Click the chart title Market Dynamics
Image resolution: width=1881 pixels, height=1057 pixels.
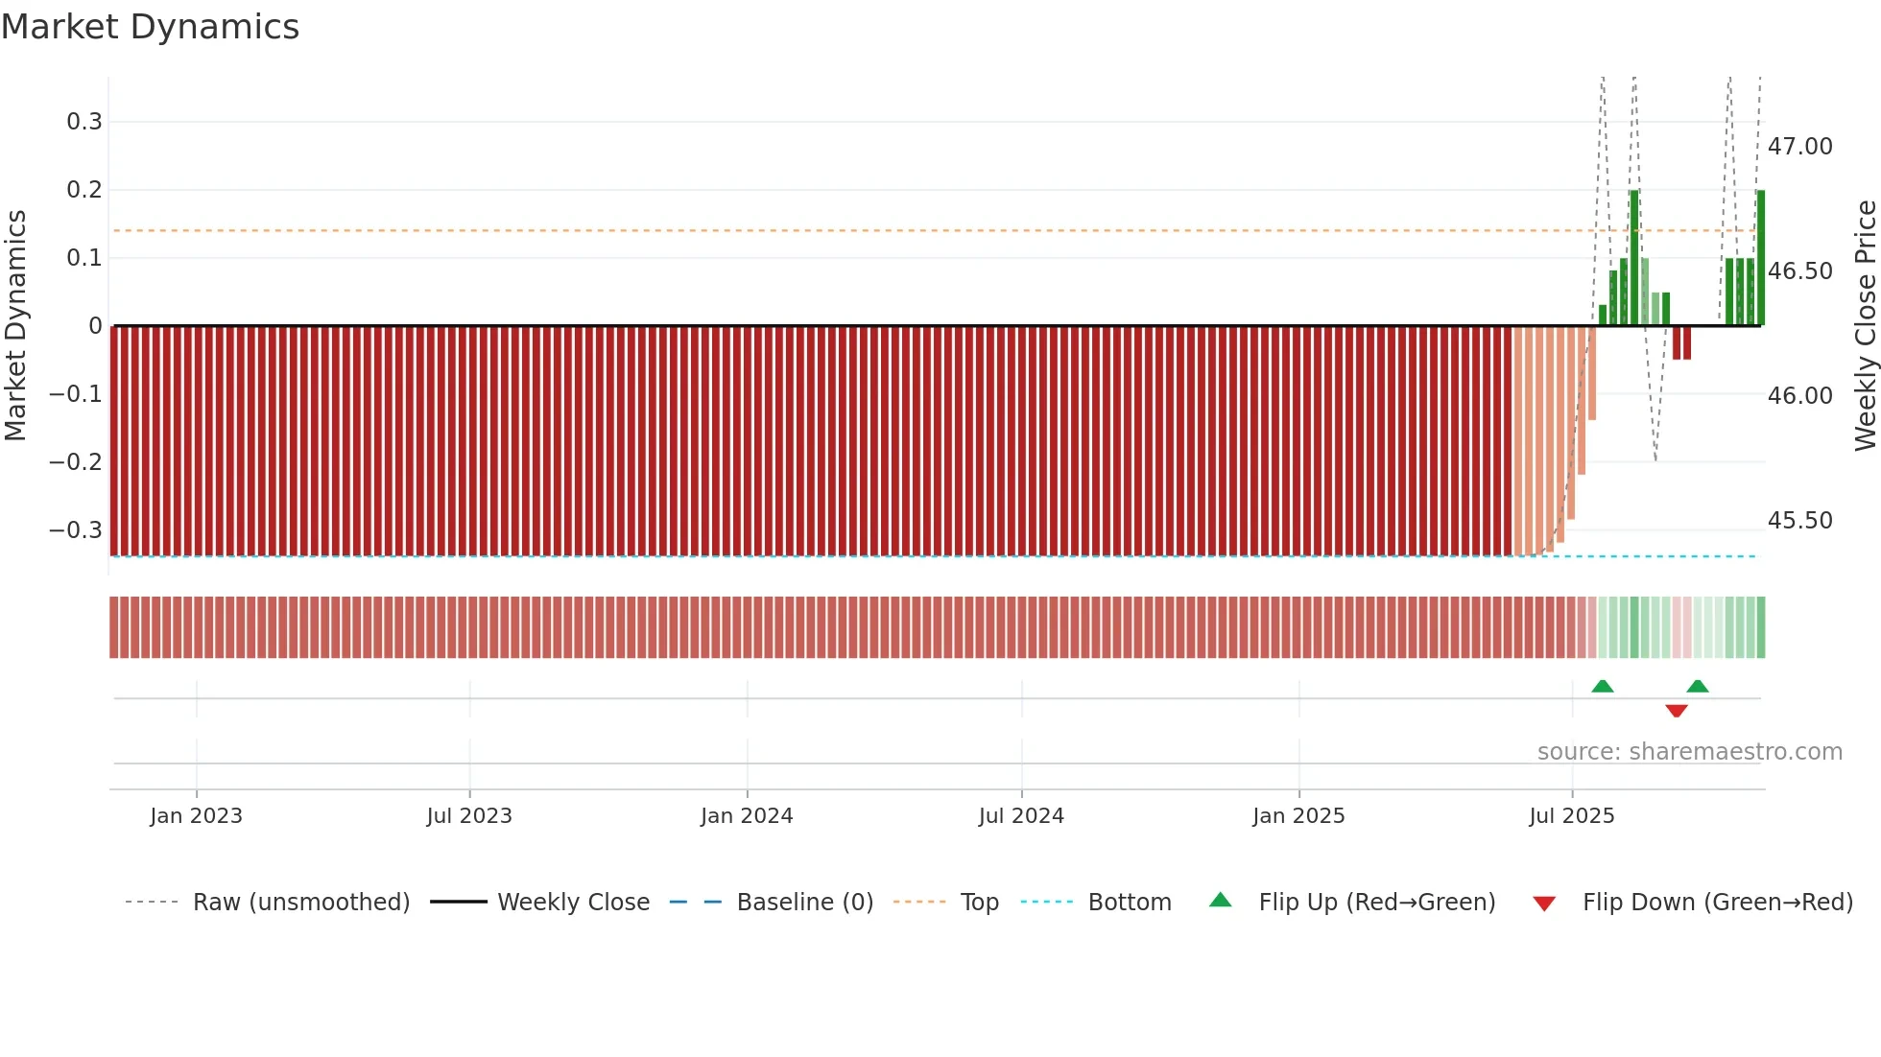tap(150, 27)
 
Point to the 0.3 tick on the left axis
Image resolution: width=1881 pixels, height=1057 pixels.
tap(84, 122)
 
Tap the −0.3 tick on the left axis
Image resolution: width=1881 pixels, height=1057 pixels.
tap(76, 530)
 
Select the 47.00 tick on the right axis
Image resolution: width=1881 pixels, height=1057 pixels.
tap(1799, 147)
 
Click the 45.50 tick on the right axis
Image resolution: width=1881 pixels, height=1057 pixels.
tap(1799, 521)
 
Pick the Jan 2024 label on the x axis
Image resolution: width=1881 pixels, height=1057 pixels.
tap(747, 816)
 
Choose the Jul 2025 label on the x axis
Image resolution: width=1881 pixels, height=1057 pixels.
tap(1571, 816)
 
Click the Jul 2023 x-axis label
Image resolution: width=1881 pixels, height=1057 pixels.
tap(469, 816)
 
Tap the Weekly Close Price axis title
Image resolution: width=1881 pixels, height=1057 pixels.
tap(1865, 325)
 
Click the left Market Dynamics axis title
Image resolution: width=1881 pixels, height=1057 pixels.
tap(15, 325)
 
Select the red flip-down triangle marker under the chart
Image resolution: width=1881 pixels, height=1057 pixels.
tap(1677, 711)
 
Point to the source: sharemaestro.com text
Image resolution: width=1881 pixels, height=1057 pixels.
tap(1689, 752)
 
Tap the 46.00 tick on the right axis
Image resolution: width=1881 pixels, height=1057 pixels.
tap(1799, 396)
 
